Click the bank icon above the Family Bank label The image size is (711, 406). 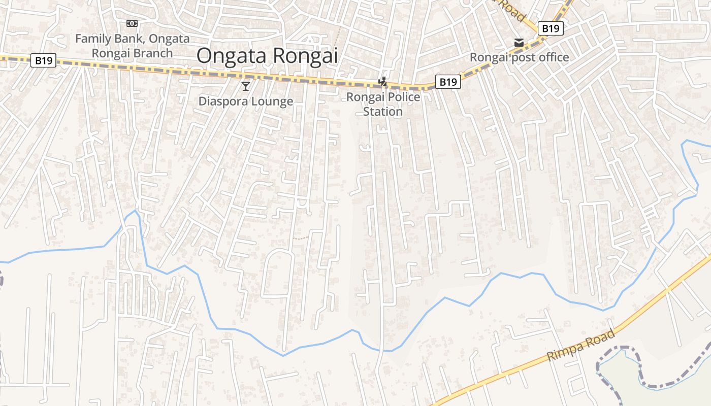pyautogui.click(x=132, y=23)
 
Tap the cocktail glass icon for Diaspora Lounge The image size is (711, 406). pyautogui.click(x=246, y=86)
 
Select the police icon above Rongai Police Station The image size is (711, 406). pyautogui.click(x=383, y=81)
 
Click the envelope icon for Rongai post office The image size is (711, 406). pyautogui.click(x=519, y=43)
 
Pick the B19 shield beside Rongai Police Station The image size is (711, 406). pyautogui.click(x=448, y=81)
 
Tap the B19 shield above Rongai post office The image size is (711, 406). pyautogui.click(x=551, y=28)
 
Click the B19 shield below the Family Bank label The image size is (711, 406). pyautogui.click(x=43, y=60)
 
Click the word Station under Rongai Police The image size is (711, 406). pyautogui.click(x=383, y=112)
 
